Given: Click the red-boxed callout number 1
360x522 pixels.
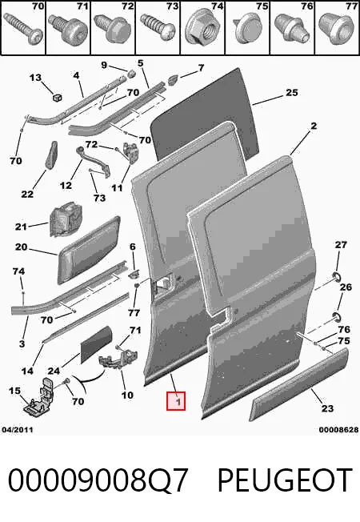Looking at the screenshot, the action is point(176,401).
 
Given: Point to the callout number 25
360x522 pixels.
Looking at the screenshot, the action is point(292,92).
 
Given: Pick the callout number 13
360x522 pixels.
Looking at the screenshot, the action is point(35,78).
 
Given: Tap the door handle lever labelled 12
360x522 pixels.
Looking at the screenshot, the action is point(94,161).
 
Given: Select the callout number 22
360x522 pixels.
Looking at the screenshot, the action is point(27,194).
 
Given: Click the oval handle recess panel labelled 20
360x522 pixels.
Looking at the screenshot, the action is point(89,250).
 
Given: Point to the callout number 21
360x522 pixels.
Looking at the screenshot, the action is point(21,227).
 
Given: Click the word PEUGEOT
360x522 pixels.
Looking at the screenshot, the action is point(285,480).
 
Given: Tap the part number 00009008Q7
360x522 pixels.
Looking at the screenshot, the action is point(98,480).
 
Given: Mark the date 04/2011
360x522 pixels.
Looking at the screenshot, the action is point(18,430).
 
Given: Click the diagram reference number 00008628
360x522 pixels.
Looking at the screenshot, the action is point(338,430).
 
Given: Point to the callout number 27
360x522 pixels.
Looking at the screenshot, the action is point(341,245).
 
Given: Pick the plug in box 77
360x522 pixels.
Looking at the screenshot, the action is point(336,28).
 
